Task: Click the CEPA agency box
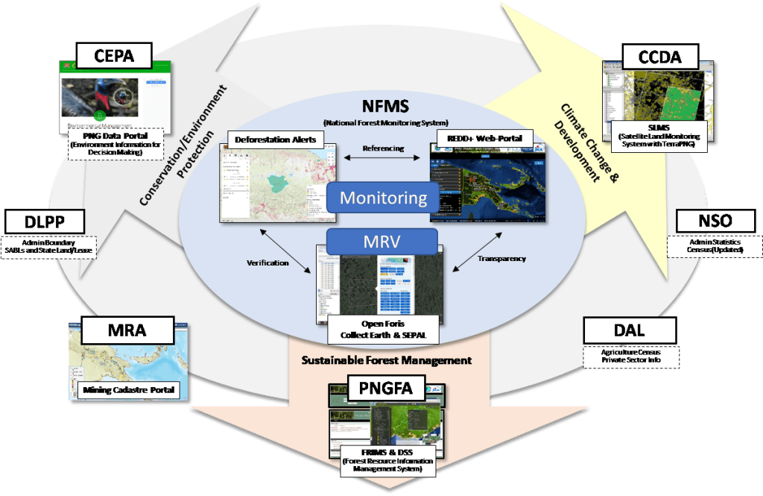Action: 114,54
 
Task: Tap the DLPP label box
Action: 45,222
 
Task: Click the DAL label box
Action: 630,330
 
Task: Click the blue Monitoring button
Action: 383,198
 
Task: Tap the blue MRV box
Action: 382,242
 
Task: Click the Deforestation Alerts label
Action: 276,139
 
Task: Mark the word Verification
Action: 267,263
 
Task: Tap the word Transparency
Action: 501,259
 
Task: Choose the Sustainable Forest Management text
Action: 386,360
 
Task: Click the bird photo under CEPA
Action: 100,97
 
